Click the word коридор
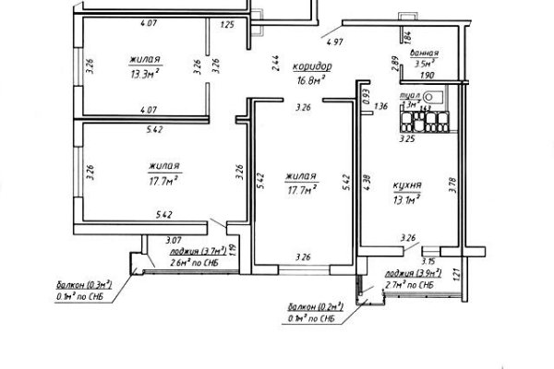312,67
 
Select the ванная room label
425,54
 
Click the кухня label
407,185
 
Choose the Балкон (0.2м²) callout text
318,306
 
